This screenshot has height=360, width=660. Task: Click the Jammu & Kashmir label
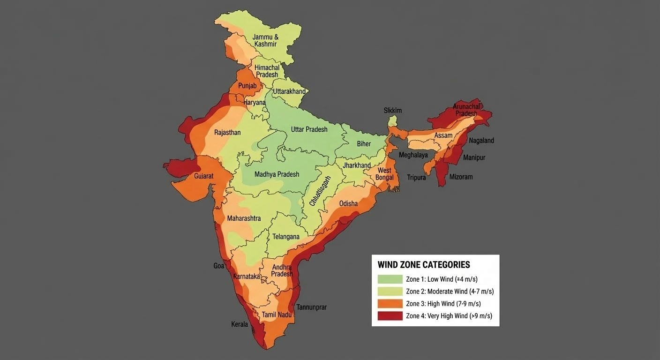point(265,40)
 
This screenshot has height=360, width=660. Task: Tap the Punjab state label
point(247,86)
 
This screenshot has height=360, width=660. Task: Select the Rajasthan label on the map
point(227,133)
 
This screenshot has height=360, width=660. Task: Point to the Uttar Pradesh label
point(309,129)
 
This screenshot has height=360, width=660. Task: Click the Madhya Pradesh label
point(277,174)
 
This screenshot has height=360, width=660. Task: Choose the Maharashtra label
point(244,218)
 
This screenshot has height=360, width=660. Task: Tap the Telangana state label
point(285,237)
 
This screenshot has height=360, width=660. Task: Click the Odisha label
point(348,203)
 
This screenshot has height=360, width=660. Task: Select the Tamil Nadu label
point(277,315)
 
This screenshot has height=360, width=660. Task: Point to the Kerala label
point(240,324)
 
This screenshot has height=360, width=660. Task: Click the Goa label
point(218,266)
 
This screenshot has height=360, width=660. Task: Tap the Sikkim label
point(393,111)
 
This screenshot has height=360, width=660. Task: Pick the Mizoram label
point(461,177)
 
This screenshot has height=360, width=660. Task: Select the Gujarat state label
point(204,177)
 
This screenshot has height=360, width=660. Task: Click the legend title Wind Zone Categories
point(423,265)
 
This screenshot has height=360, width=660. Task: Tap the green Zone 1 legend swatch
point(390,279)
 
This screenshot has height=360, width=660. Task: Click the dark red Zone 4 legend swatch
point(390,316)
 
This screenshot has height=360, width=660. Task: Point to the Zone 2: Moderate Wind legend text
point(450,292)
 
